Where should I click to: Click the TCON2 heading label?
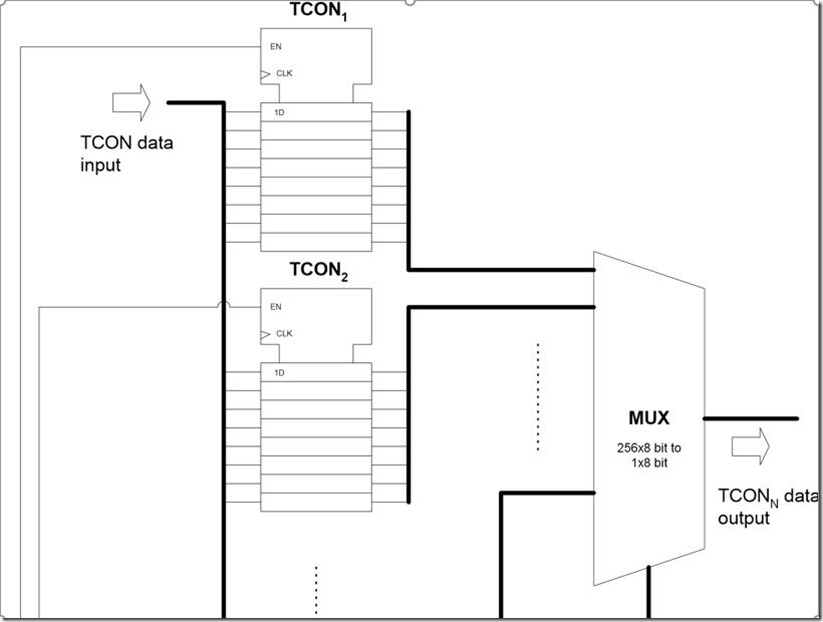[319, 269]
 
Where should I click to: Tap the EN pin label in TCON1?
[276, 46]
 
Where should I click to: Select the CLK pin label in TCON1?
[284, 73]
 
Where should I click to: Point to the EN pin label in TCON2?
[276, 306]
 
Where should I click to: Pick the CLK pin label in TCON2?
[284, 333]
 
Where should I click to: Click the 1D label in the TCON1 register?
[279, 112]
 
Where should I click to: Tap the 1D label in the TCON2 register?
[279, 372]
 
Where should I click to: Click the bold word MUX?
[649, 418]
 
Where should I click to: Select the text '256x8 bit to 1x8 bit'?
[649, 455]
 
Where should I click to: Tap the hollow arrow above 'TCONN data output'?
[750, 443]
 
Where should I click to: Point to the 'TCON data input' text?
[126, 153]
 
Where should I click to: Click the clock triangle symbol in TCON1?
[265, 73]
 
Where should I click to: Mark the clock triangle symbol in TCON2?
[265, 333]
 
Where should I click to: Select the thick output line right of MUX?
[751, 418]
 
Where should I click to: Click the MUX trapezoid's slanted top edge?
[649, 270]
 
